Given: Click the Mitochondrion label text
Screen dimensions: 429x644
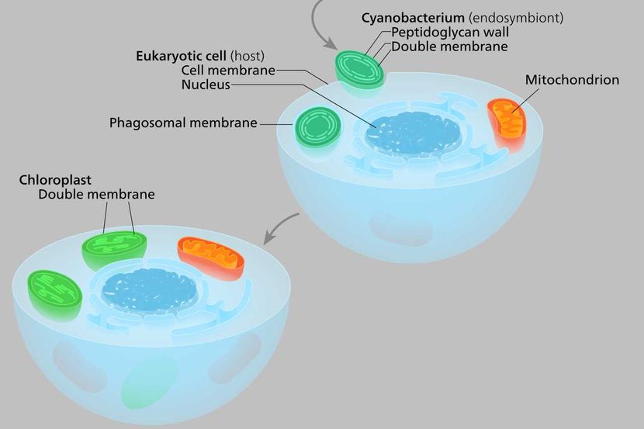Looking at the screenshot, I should point(572,80).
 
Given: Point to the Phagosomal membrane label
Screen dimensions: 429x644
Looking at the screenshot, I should point(183,123).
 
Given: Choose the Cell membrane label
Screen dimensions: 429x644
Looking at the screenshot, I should point(228,71).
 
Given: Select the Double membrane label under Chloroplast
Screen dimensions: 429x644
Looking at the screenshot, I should point(96,194).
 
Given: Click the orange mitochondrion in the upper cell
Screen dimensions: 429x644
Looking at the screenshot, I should point(507,123).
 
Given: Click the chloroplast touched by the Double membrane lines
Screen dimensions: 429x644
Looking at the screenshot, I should point(115,250).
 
